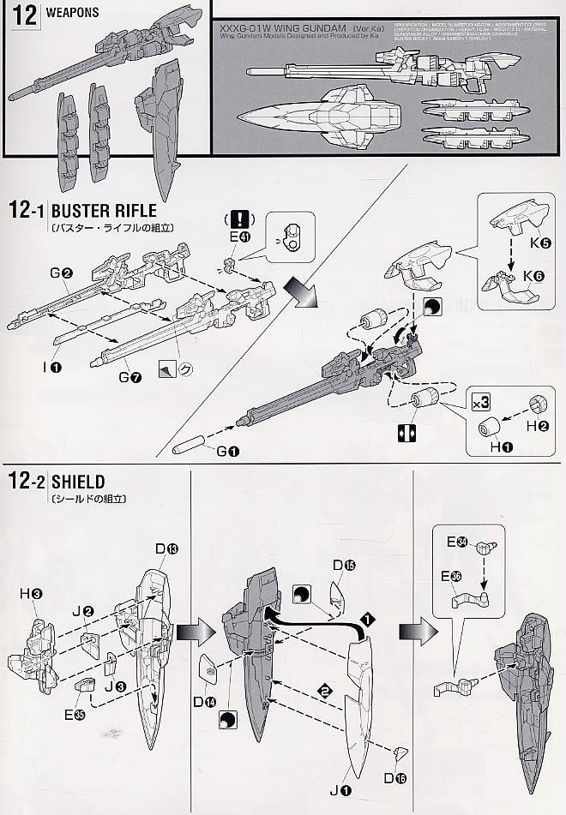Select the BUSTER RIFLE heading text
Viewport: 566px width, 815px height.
click(105, 211)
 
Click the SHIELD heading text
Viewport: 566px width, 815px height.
click(79, 482)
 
